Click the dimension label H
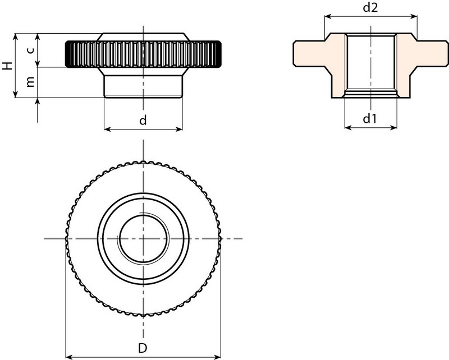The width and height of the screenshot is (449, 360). (x=8, y=66)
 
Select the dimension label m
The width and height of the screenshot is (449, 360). (x=30, y=81)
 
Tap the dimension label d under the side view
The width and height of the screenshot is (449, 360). (x=143, y=120)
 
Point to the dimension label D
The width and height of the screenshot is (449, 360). (x=143, y=348)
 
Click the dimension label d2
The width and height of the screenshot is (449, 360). (x=370, y=8)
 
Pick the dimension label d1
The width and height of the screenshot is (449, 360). (x=370, y=118)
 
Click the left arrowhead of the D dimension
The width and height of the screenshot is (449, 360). (x=70, y=357)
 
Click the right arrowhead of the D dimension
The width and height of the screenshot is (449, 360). (x=217, y=357)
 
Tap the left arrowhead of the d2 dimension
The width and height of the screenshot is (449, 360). (x=328, y=16)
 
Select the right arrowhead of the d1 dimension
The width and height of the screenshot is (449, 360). (x=393, y=127)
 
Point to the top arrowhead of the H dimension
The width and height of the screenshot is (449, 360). (x=16, y=37)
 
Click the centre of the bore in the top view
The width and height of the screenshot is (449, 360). (x=143, y=239)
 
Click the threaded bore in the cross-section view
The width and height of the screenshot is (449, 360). (x=371, y=63)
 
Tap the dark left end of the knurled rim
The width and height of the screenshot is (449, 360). (x=70, y=54)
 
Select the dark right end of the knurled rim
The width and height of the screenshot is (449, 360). (x=216, y=54)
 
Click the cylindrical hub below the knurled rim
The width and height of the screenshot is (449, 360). (x=143, y=86)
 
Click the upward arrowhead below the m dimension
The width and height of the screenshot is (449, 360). (x=38, y=101)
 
